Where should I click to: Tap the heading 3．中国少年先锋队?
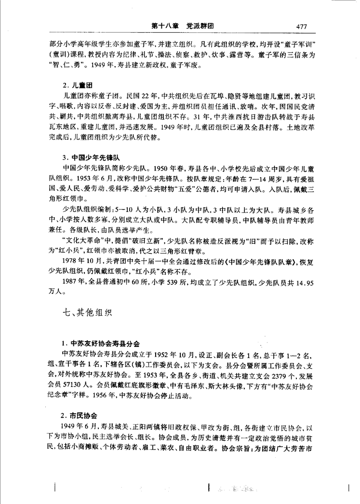94,158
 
